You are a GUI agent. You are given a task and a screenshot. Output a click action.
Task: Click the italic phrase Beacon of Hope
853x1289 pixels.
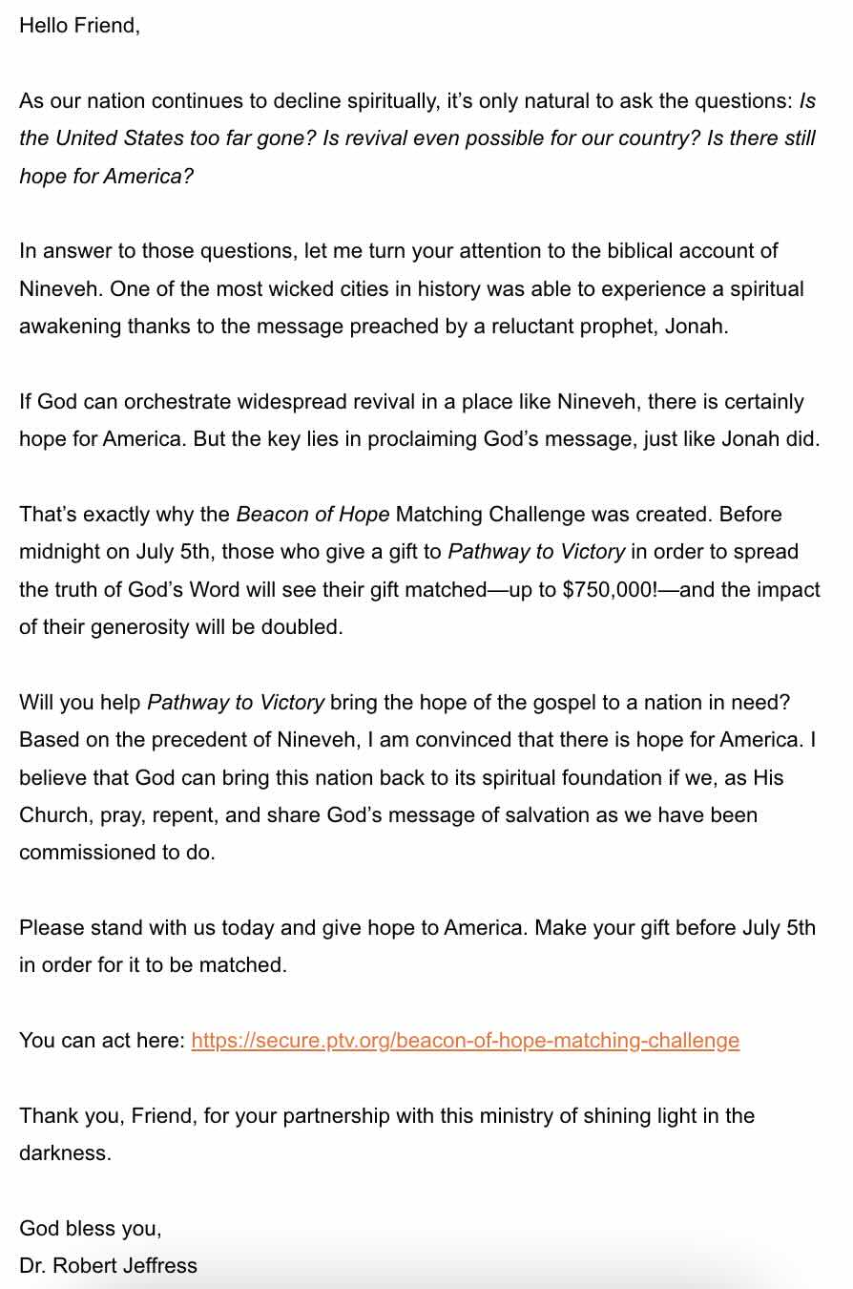[312, 515]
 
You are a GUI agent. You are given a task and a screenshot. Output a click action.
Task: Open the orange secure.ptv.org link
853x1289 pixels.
[465, 1041]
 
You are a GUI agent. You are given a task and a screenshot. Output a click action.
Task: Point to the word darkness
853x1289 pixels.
[63, 1153]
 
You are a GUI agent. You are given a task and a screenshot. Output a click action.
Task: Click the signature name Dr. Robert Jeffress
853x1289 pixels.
[108, 1266]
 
